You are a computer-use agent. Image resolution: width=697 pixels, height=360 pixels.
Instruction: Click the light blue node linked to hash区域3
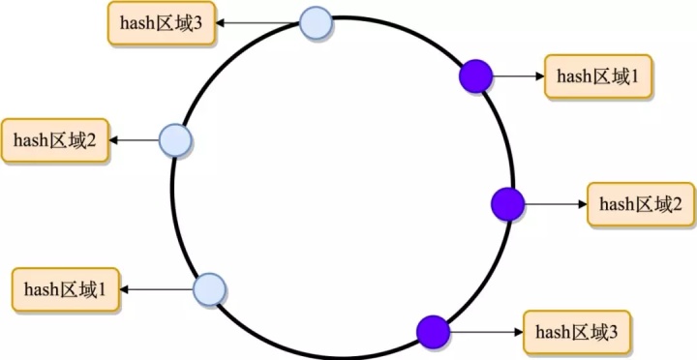316,22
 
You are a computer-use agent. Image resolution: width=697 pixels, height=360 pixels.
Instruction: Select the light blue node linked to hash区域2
176,140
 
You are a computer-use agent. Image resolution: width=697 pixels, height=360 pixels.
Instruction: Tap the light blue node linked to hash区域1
209,288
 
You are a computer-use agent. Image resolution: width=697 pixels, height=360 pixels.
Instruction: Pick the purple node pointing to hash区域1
476,75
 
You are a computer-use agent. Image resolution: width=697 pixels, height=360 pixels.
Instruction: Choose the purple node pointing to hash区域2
507,204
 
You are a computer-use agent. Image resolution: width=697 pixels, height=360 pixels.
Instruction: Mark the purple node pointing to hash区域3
434,332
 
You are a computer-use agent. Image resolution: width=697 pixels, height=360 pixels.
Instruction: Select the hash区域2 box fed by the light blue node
54,140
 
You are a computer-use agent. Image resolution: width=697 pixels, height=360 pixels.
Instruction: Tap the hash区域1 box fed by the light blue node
66,288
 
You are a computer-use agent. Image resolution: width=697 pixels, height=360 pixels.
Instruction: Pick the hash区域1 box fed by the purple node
598,75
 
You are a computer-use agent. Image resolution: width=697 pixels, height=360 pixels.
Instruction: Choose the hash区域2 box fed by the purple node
641,204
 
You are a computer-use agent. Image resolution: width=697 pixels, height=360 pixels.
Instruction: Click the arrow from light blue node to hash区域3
257,22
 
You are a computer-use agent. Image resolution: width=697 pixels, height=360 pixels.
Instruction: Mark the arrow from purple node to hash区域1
518,75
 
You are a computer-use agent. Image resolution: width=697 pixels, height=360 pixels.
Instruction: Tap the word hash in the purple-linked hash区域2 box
616,204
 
